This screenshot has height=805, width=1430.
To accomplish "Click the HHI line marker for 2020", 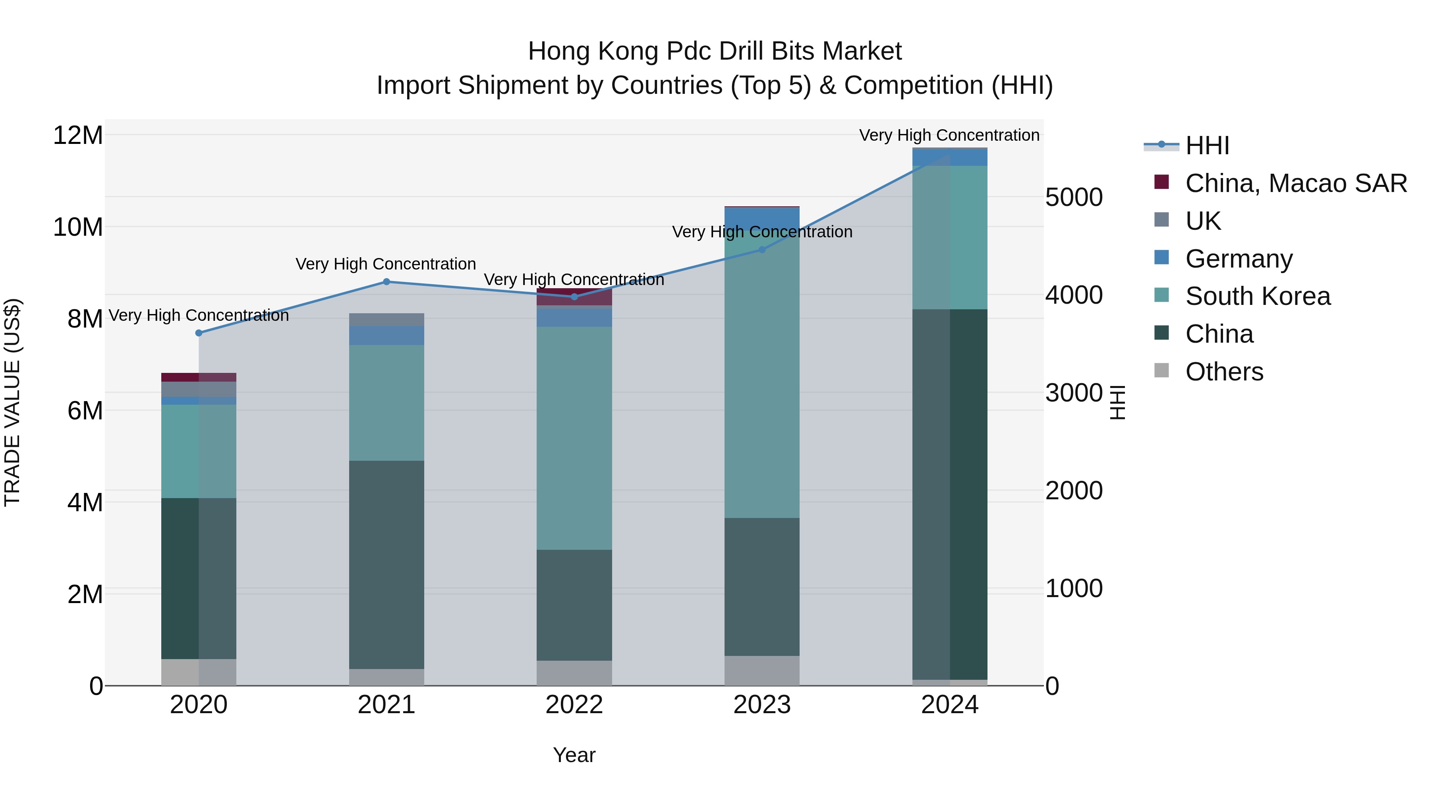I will (199, 333).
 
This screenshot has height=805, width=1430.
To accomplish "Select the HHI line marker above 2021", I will (386, 282).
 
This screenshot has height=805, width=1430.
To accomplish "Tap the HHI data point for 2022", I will (574, 297).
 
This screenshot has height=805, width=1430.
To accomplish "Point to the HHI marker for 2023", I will (761, 250).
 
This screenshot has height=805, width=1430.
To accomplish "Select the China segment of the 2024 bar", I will (949, 495).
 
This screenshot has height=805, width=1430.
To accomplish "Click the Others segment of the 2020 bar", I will (199, 672).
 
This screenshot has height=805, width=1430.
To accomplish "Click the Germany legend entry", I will (1239, 259).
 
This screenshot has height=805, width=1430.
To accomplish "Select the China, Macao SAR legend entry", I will (1296, 183).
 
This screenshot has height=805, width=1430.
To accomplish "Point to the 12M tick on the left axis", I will (78, 136).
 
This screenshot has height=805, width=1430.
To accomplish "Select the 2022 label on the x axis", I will (574, 705).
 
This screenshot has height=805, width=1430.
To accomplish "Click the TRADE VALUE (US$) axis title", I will (12, 402).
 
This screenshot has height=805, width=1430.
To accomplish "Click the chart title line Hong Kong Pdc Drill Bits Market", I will (715, 51).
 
